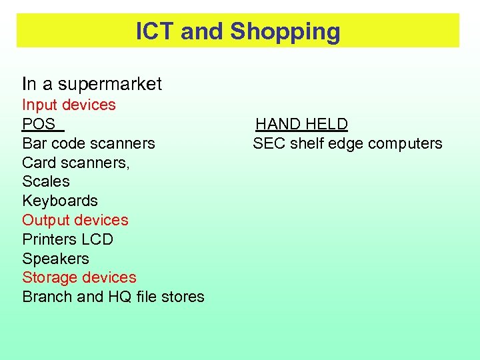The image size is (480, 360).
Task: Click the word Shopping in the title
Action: tap(285, 31)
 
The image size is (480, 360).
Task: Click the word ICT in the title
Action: tap(155, 31)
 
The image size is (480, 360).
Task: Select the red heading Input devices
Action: tap(69, 105)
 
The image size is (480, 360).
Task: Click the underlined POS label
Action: tap(39, 124)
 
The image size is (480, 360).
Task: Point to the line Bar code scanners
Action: tap(88, 143)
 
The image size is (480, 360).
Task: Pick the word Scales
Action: tap(45, 181)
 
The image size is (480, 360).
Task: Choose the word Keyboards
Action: tap(59, 201)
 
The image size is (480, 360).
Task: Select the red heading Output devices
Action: tap(75, 220)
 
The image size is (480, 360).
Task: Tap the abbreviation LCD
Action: tap(97, 239)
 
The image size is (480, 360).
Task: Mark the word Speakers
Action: tap(55, 259)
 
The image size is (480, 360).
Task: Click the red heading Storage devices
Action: tap(79, 277)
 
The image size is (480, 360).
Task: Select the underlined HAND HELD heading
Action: tap(301, 124)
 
